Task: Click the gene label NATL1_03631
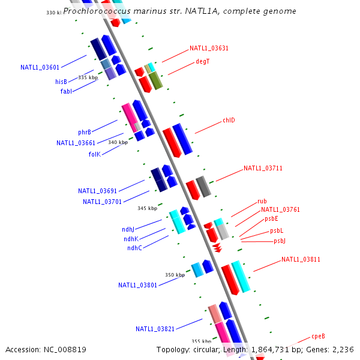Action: (209, 48)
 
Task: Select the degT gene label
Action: (202, 61)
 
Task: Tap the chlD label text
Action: (229, 120)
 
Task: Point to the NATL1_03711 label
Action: (263, 168)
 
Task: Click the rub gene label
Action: (262, 201)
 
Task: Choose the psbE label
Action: (271, 218)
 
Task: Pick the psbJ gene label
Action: (280, 241)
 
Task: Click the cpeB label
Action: (318, 336)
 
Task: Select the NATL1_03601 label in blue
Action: (40, 67)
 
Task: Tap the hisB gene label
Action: (61, 82)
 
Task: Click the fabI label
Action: (66, 91)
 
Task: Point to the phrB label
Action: (85, 132)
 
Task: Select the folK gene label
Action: (94, 154)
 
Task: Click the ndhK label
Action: (130, 239)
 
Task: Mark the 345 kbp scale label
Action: (147, 208)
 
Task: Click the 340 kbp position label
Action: (118, 142)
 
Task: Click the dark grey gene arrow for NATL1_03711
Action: (203, 187)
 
